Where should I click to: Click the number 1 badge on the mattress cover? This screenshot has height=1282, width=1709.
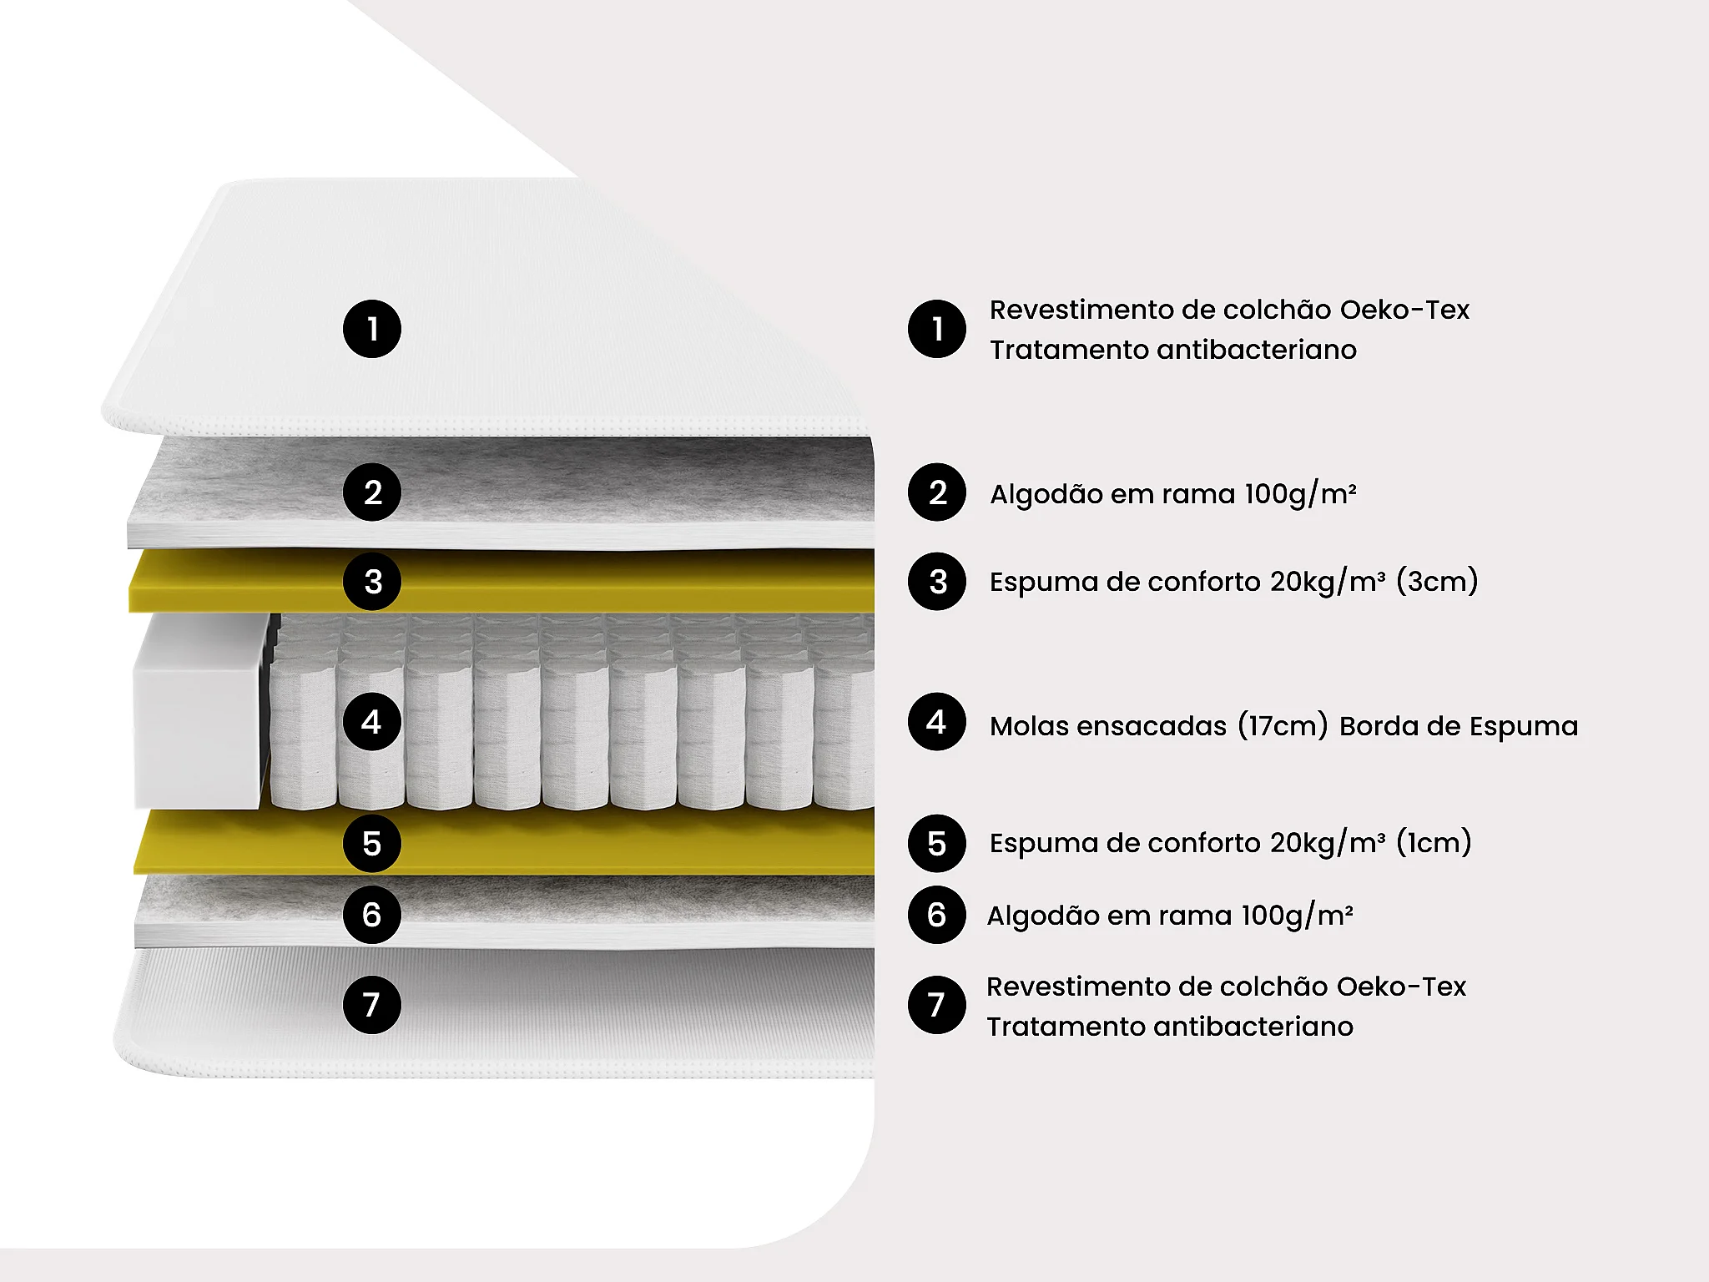(372, 329)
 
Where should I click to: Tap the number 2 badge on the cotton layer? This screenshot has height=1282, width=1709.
(372, 492)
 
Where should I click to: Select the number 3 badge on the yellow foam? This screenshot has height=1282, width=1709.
(372, 581)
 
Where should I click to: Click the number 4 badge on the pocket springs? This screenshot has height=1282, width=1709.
(372, 721)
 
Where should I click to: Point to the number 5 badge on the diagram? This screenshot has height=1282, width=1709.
(372, 843)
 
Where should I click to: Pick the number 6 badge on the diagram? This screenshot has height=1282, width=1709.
(372, 915)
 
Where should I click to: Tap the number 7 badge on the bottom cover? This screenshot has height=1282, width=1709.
(372, 1005)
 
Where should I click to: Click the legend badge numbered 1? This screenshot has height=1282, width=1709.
(937, 329)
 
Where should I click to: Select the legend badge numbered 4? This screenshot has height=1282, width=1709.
(937, 721)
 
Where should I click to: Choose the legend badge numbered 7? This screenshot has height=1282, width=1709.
(937, 1005)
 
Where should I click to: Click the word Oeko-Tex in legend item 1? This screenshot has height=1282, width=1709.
(1404, 310)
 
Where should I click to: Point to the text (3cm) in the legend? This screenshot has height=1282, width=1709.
(1436, 581)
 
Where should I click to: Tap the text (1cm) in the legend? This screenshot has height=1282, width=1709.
(1433, 842)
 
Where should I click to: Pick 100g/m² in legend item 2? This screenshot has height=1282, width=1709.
(1300, 494)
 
